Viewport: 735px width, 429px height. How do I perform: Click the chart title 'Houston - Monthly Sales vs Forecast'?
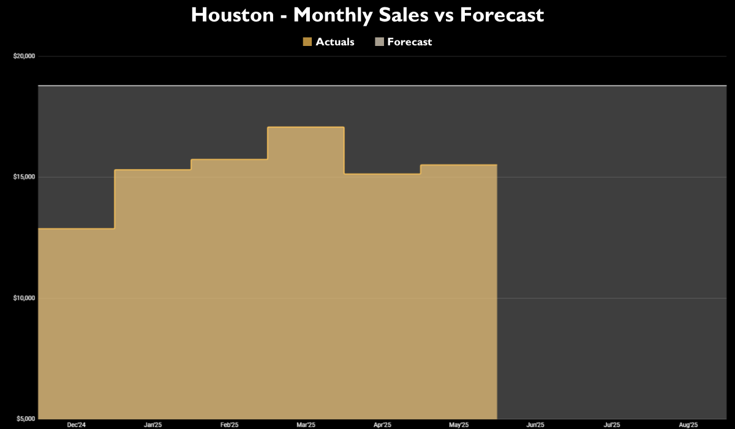pyautogui.click(x=367, y=15)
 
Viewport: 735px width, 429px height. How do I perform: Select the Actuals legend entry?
pyautogui.click(x=329, y=42)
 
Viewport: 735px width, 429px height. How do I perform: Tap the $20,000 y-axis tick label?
pyautogui.click(x=24, y=56)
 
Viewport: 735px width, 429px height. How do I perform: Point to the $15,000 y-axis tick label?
pyautogui.click(x=24, y=177)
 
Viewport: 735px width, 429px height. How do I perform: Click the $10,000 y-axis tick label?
pyautogui.click(x=24, y=298)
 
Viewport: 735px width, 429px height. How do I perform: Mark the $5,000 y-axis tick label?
pyautogui.click(x=26, y=419)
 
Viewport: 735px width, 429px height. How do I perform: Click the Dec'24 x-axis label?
pyautogui.click(x=77, y=424)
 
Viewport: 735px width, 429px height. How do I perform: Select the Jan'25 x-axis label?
pyautogui.click(x=153, y=424)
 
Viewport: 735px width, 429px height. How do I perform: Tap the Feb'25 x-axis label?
pyautogui.click(x=229, y=424)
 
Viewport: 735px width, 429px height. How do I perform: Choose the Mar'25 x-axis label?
pyautogui.click(x=306, y=424)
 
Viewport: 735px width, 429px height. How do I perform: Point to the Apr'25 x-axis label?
pyautogui.click(x=382, y=424)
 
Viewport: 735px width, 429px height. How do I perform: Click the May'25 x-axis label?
pyautogui.click(x=459, y=424)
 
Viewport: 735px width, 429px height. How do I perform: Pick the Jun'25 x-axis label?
pyautogui.click(x=535, y=424)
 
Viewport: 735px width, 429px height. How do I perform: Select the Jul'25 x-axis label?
pyautogui.click(x=612, y=424)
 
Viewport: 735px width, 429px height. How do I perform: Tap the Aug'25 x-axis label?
pyautogui.click(x=688, y=424)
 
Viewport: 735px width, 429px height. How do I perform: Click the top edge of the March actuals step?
pyautogui.click(x=306, y=127)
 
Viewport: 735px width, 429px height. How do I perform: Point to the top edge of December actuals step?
pyautogui.click(x=77, y=229)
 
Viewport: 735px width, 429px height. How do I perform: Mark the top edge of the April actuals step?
pyautogui.click(x=382, y=174)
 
